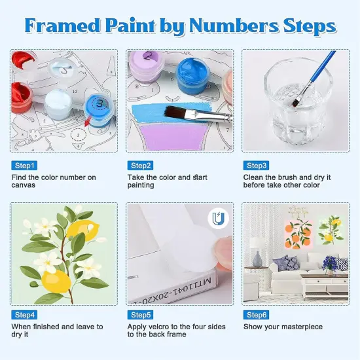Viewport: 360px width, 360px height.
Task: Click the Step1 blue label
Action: coord(25,166)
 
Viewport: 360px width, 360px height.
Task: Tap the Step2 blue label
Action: coord(141,166)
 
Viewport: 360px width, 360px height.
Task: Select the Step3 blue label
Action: coord(256,166)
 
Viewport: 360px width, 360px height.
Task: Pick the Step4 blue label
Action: coord(25,315)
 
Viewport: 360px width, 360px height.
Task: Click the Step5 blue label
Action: coord(141,315)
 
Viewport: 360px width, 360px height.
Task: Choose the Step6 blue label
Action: coord(256,315)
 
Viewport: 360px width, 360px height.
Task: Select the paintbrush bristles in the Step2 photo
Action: coord(175,112)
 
